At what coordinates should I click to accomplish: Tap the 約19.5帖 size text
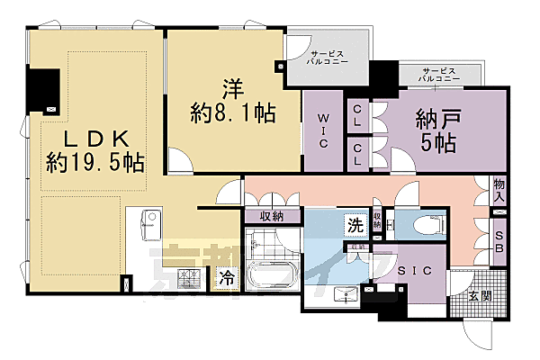(96, 164)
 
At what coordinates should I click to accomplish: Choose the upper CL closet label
(356, 114)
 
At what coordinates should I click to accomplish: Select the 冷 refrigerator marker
(226, 278)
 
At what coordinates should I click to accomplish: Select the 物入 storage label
(499, 188)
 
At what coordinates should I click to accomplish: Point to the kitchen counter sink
(149, 222)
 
